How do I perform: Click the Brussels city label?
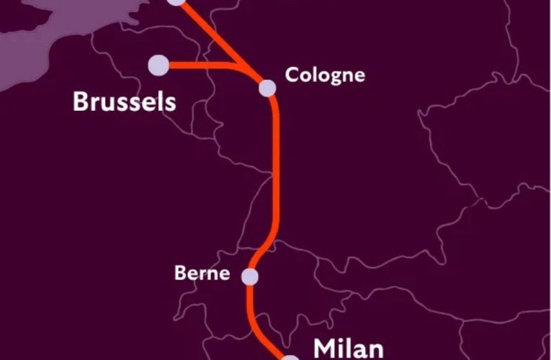pos(124,102)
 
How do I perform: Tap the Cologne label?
pos(325,75)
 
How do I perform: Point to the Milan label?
pos(347,348)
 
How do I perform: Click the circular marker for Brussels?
pos(158,65)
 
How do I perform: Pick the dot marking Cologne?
pos(267,88)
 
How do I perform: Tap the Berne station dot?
pos(249,276)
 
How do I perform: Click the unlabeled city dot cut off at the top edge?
pos(176,2)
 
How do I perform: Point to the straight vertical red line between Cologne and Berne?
pos(275,173)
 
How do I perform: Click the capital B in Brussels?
pos(79,102)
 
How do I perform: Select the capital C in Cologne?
pos(291,75)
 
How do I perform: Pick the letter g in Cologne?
pos(332,77)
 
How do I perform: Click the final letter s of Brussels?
pos(170,102)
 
